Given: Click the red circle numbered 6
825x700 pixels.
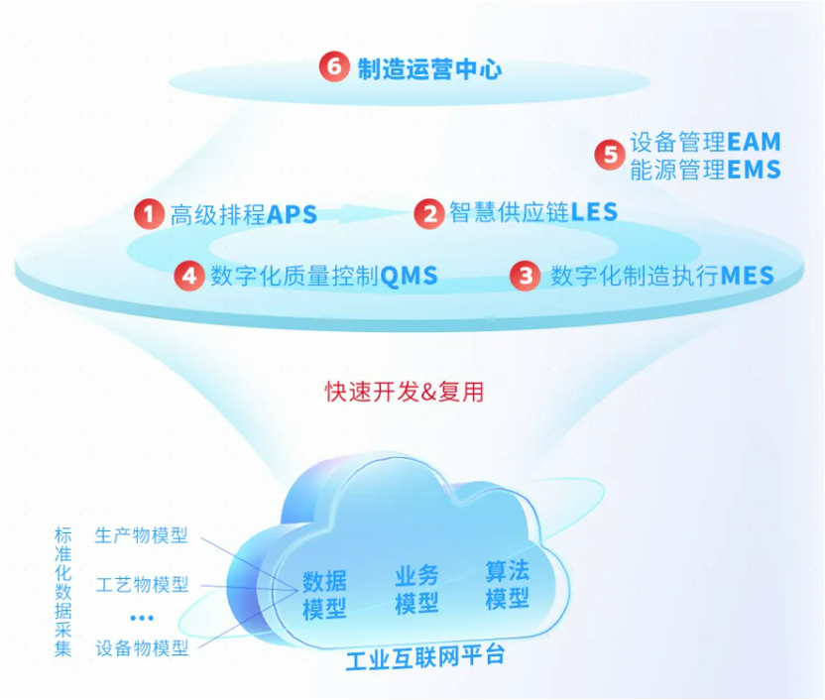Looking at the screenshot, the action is tap(334, 66).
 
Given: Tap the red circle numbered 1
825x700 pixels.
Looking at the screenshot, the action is tap(149, 213).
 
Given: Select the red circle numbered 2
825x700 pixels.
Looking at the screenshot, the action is tap(430, 213).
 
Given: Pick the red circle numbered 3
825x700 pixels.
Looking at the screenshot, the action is tap(526, 276).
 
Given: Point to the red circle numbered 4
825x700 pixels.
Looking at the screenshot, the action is tap(189, 276).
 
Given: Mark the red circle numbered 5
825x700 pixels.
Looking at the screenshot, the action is tap(611, 154).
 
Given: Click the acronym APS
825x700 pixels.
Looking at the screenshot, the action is tap(292, 214).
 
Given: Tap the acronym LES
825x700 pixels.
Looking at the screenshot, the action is tap(594, 212).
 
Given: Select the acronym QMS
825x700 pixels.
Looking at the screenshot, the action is tap(409, 276).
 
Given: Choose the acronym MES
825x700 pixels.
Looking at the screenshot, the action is tap(747, 276).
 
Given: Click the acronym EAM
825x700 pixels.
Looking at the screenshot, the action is tap(754, 142).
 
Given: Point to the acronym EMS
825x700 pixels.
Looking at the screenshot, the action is tap(754, 170).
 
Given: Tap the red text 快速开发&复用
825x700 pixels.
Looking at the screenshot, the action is tap(405, 392).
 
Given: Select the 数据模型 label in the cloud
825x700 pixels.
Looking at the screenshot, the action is tap(324, 595).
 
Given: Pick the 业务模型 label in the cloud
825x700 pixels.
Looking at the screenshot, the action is tap(416, 590).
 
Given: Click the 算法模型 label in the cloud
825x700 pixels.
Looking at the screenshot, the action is tap(508, 585).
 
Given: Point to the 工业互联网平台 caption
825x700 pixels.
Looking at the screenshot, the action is tap(425, 657).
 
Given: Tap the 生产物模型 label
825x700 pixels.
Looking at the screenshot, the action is tap(141, 535).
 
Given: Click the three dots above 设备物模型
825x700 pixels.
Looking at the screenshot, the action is tap(142, 618).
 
